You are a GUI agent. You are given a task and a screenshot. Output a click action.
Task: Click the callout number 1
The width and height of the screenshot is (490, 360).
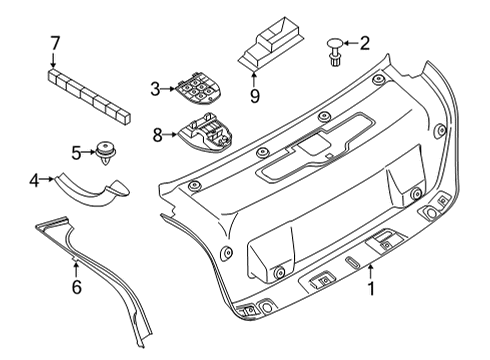tap(372, 291)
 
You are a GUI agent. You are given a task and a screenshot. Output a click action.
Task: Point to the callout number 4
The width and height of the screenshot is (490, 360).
tap(33, 181)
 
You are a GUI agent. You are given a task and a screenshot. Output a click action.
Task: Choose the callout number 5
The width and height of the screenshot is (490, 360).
tap(74, 152)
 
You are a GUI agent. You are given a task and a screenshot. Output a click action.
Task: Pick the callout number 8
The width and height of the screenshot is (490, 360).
tap(156, 133)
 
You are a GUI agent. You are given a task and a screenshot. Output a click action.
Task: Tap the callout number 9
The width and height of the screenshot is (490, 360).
tap(254, 96)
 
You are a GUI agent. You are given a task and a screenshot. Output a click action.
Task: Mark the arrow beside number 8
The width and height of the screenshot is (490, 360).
tap(169, 133)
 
